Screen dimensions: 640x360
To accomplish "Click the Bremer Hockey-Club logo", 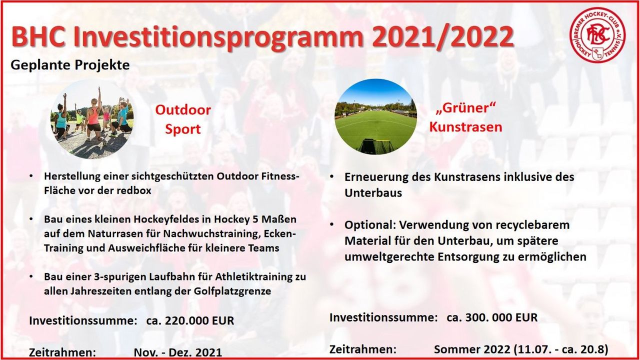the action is tap(597, 34).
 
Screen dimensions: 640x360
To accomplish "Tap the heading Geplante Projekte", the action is tap(70, 65).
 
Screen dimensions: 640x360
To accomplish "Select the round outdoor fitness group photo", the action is tap(92, 119).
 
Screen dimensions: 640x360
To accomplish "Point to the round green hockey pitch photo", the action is tap(375, 116).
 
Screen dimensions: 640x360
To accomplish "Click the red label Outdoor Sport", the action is tap(183, 119).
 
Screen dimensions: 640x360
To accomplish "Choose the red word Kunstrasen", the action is tap(465, 127).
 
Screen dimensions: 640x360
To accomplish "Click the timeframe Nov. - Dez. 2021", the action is tap(177, 352).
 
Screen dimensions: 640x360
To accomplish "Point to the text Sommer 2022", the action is tap(472, 349).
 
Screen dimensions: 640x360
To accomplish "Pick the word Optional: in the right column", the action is tap(369, 225).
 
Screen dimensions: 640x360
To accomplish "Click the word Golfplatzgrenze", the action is tap(232, 291).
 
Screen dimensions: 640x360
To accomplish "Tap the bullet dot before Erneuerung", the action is tap(331, 176).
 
